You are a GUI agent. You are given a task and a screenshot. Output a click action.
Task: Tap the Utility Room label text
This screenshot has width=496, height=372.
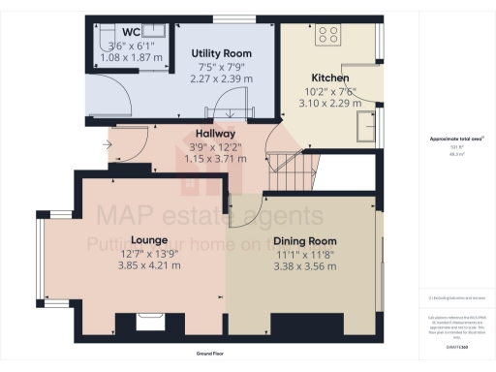click(x=221, y=53)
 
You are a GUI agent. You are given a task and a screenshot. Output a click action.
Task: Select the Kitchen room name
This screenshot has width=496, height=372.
click(x=329, y=77)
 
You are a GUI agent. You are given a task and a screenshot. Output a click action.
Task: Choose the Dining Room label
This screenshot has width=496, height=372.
click(x=304, y=240)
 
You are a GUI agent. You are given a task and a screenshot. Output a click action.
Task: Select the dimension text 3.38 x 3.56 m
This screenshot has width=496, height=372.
click(x=304, y=264)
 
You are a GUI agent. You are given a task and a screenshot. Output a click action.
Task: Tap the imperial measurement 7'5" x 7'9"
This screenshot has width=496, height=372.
click(x=221, y=67)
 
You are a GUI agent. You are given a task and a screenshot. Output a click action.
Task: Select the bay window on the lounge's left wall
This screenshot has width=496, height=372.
click(x=39, y=254)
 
